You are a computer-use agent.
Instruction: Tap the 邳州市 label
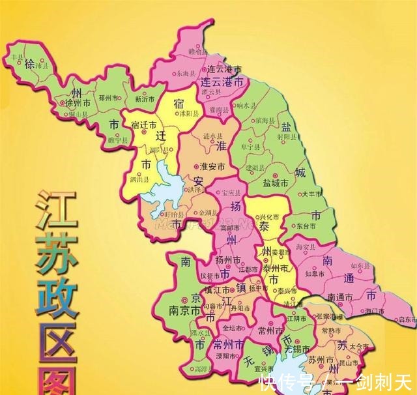pyautogui.click(x=108, y=98)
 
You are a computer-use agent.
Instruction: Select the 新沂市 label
pyautogui.click(x=145, y=100)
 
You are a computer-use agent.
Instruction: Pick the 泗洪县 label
pyautogui.click(x=139, y=177)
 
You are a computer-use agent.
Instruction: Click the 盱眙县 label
pyautogui.click(x=173, y=214)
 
